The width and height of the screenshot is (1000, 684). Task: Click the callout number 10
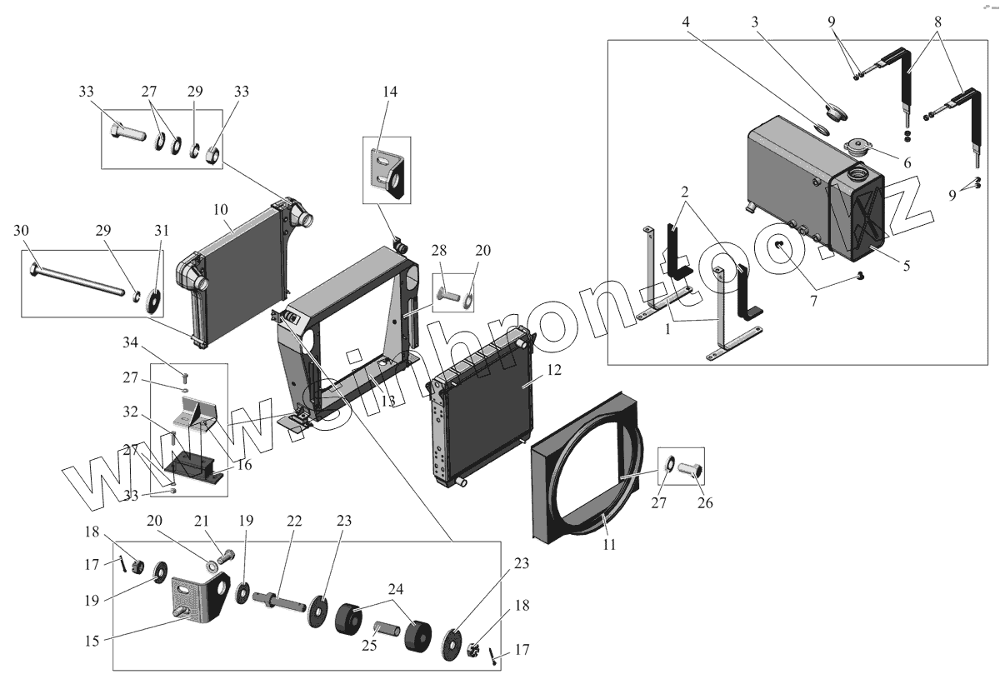click(x=220, y=211)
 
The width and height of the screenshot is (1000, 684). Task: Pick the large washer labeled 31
click(x=154, y=301)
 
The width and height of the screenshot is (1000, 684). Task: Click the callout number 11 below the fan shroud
click(x=609, y=544)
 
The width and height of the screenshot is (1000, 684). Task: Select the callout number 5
click(x=907, y=267)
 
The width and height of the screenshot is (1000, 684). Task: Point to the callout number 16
click(x=243, y=464)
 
